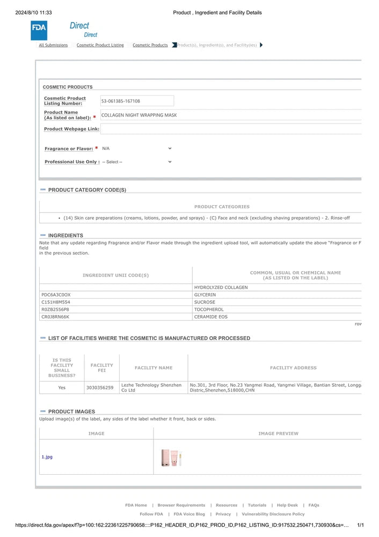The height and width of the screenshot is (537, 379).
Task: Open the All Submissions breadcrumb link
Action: pos(53,45)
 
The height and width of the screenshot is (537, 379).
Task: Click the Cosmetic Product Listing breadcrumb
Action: pos(100,45)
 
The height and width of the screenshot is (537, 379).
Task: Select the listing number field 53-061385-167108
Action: pos(137,101)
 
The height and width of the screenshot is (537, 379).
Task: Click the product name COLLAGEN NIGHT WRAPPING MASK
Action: pos(139,115)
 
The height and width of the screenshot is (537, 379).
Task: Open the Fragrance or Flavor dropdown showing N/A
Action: pos(136,148)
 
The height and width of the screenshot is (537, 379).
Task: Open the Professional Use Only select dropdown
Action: pos(136,162)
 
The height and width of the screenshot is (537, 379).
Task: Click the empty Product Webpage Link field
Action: pos(231,129)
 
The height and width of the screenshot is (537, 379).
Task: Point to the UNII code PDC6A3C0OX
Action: pos(56,295)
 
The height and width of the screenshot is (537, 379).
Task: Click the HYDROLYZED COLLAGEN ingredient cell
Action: pos(221,287)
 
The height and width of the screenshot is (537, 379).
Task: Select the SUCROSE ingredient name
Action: pos(205,302)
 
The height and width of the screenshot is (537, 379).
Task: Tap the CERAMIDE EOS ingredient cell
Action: pos(210,317)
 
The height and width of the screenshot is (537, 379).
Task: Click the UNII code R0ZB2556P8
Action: pos(55,309)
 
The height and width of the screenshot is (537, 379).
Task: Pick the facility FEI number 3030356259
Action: pos(100,387)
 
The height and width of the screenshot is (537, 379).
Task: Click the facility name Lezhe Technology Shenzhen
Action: pos(151,385)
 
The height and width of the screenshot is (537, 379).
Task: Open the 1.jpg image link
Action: pos(47,457)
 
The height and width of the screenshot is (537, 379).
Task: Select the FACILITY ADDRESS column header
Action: pos(293,368)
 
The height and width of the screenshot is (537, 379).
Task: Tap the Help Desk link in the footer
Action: pos(287,505)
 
